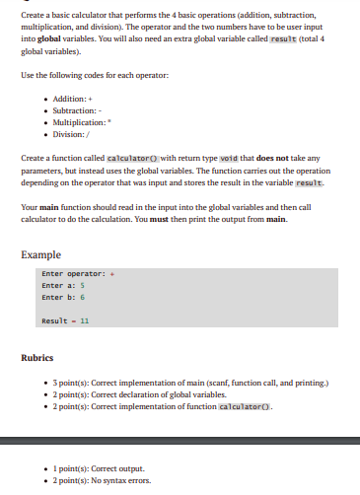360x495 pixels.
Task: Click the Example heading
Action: (x=41, y=254)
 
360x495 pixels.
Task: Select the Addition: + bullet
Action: (x=67, y=100)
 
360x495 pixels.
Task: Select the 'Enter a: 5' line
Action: (x=63, y=285)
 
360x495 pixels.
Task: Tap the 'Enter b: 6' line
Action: (x=63, y=296)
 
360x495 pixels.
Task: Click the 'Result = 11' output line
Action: (x=65, y=321)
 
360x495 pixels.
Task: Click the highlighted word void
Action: (x=228, y=159)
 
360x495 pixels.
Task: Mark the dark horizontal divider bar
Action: (x=180, y=441)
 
